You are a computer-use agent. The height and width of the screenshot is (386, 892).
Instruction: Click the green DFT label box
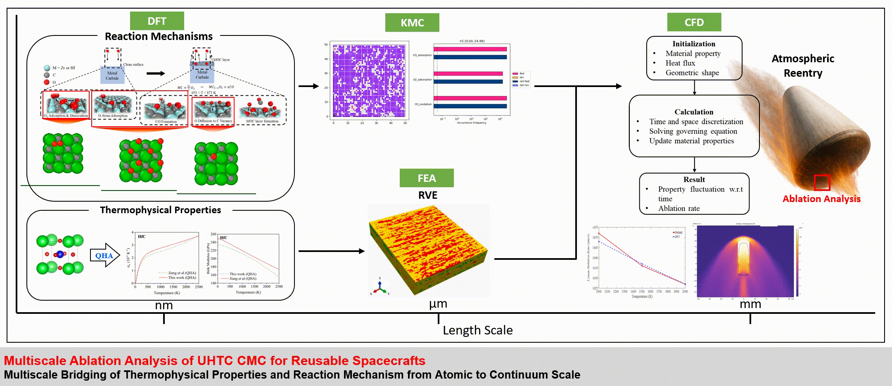[157, 21]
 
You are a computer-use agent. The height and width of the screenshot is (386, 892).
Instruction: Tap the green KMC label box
[412, 23]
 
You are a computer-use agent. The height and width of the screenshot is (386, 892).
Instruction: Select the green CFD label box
[694, 22]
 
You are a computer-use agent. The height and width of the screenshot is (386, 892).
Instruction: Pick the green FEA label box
[427, 178]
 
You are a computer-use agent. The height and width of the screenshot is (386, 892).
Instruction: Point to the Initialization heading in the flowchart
[694, 44]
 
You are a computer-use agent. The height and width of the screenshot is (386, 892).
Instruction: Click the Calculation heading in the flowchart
[694, 112]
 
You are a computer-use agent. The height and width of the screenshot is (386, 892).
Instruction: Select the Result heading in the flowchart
[694, 179]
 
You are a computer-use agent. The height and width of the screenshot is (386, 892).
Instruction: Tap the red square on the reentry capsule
[822, 183]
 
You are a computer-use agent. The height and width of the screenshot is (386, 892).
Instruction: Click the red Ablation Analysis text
[821, 199]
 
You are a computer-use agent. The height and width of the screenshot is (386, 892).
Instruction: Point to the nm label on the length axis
[164, 306]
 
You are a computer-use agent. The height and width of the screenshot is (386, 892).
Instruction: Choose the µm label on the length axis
[438, 304]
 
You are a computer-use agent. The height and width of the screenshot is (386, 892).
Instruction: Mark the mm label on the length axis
[750, 304]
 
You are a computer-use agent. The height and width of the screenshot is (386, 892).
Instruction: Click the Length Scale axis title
[478, 330]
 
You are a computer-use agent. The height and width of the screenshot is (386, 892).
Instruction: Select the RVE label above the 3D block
[427, 195]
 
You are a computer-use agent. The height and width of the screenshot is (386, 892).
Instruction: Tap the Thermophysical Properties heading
[160, 210]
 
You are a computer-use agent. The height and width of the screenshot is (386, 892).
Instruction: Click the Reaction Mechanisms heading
[159, 36]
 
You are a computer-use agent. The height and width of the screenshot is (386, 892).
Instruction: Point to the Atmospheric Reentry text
[803, 66]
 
